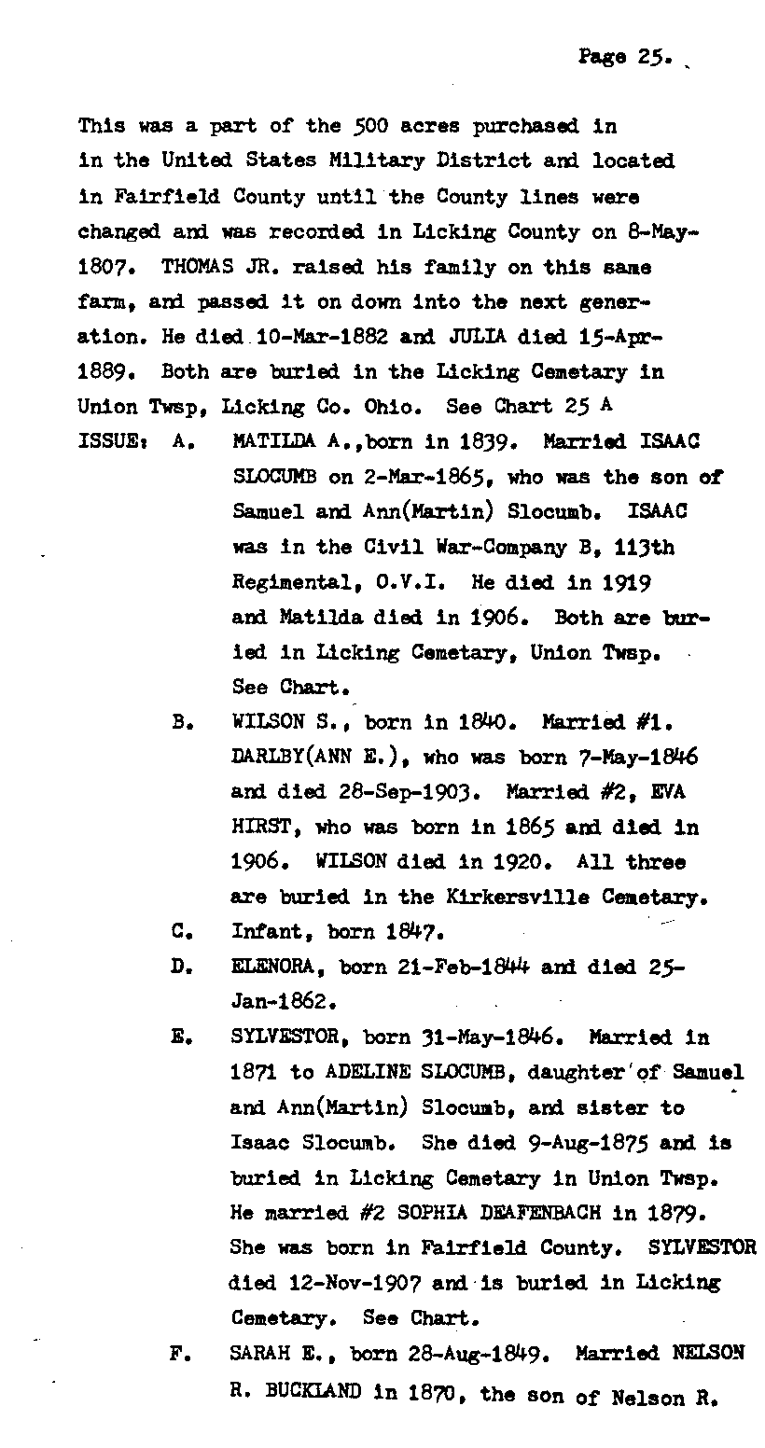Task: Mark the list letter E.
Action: [x=181, y=1037]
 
